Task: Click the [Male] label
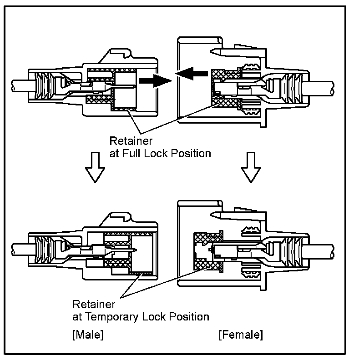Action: click(87, 336)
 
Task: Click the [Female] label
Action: click(241, 336)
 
